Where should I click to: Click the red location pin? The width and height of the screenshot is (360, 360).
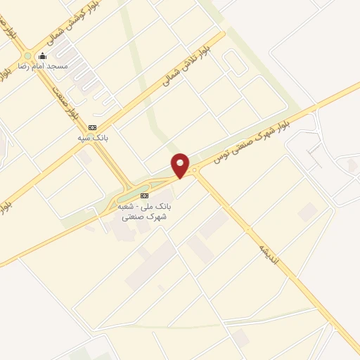coord(181,165)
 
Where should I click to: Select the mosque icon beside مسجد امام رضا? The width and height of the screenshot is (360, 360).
coord(43,56)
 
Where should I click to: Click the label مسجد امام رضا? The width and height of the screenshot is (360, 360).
coord(47,65)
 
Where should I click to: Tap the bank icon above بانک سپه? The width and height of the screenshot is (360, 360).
coord(91,127)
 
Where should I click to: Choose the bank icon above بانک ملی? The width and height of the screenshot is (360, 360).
coord(145,195)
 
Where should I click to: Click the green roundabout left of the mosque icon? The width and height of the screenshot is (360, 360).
coord(28,56)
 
